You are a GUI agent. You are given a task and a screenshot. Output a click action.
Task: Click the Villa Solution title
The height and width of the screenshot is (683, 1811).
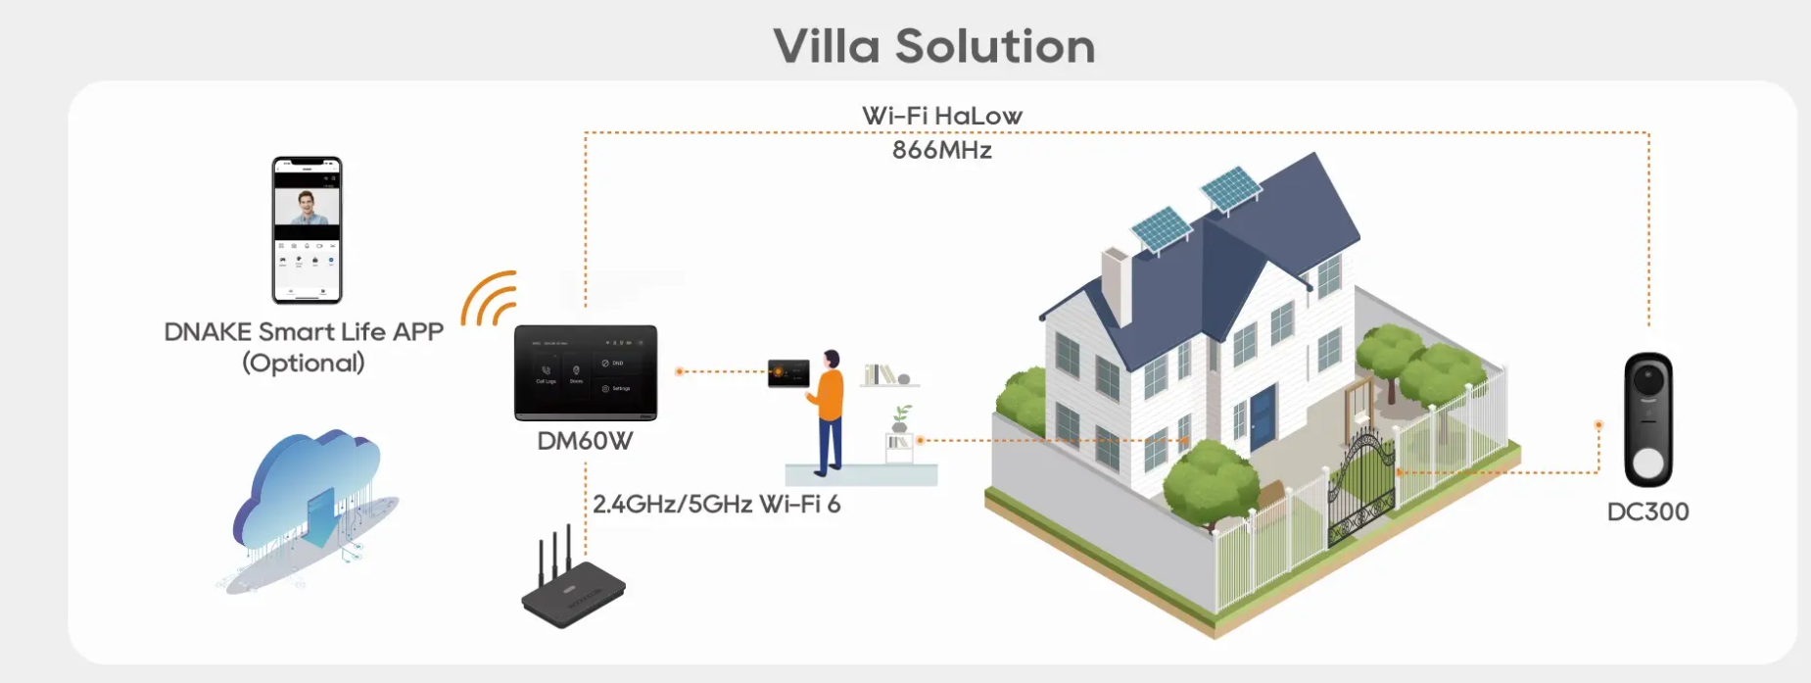pyautogui.click(x=934, y=46)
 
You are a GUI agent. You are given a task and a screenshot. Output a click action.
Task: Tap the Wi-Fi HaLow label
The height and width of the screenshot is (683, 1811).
pyautogui.click(x=941, y=116)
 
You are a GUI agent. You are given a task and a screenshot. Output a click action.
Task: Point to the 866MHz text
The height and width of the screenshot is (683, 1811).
pyautogui.click(x=941, y=150)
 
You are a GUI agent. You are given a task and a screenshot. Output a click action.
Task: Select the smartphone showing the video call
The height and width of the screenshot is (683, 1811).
pyautogui.click(x=307, y=230)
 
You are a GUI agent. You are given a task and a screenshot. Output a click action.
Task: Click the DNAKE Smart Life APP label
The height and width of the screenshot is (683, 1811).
pyautogui.click(x=304, y=332)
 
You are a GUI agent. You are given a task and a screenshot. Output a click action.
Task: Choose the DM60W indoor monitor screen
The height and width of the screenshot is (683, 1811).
pyautogui.click(x=586, y=372)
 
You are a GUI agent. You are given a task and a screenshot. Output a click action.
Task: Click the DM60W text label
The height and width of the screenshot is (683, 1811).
pyautogui.click(x=585, y=441)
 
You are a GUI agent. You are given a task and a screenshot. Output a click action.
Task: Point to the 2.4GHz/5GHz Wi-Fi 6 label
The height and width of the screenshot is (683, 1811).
pyautogui.click(x=716, y=505)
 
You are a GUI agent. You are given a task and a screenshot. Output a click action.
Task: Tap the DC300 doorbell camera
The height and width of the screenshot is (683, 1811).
pyautogui.click(x=1648, y=419)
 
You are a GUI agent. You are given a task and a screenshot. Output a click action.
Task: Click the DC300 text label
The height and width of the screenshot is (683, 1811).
pyautogui.click(x=1647, y=512)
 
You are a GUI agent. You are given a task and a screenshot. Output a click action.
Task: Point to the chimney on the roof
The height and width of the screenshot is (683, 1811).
pyautogui.click(x=1117, y=283)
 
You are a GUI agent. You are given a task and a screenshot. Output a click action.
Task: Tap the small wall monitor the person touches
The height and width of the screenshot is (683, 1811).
pyautogui.click(x=788, y=373)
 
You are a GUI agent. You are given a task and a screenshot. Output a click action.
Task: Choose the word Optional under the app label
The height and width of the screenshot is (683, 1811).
pyautogui.click(x=304, y=364)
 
